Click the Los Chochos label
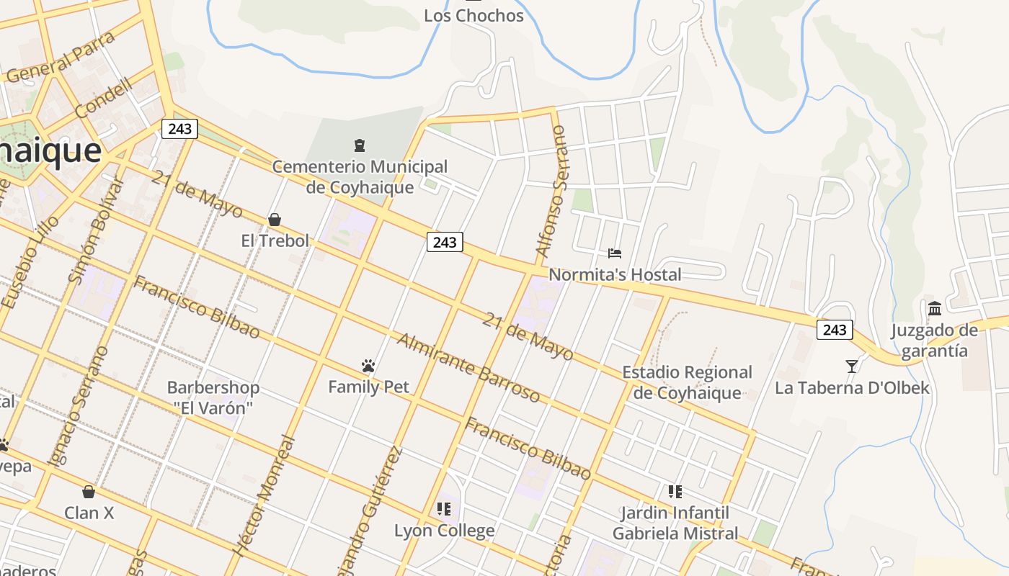pyautogui.click(x=474, y=15)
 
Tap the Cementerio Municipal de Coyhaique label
pyautogui.click(x=360, y=177)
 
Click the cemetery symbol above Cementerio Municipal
pyautogui.click(x=359, y=146)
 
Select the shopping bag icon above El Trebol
pyautogui.click(x=274, y=220)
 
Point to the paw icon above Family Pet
pyautogui.click(x=368, y=366)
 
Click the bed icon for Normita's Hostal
pyautogui.click(x=615, y=253)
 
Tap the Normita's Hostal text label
pyautogui.click(x=615, y=274)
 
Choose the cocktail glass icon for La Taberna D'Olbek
pyautogui.click(x=852, y=366)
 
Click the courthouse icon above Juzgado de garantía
pyautogui.click(x=935, y=309)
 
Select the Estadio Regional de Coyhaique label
pyautogui.click(x=687, y=382)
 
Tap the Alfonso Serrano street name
pyautogui.click(x=551, y=192)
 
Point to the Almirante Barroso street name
pyautogui.click(x=468, y=368)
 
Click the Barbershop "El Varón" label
pyautogui.click(x=213, y=397)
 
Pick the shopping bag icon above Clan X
pyautogui.click(x=89, y=492)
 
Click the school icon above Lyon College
pyautogui.click(x=444, y=509)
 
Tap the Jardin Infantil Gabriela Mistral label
pyautogui.click(x=675, y=523)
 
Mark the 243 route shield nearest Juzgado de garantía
pyautogui.click(x=835, y=330)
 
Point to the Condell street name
pyautogui.click(x=104, y=98)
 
